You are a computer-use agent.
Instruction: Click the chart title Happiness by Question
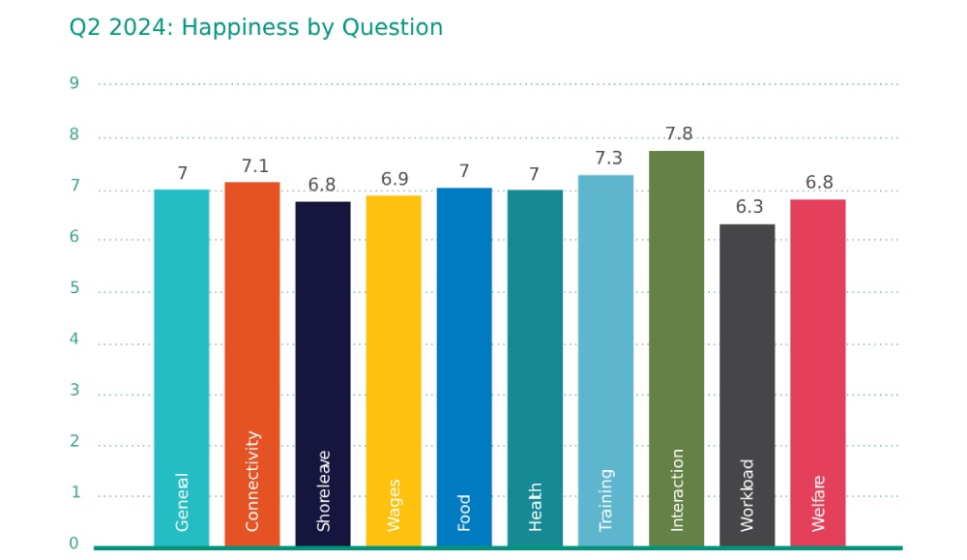tap(255, 27)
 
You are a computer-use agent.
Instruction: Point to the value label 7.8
tap(679, 133)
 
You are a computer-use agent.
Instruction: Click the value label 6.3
tap(749, 207)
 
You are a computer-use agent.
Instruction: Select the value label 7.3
tap(608, 158)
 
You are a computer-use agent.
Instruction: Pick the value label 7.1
tap(254, 165)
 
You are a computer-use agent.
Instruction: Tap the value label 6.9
tap(395, 179)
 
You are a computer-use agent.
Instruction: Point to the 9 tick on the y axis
tap(73, 83)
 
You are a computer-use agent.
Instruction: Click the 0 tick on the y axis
tap(73, 544)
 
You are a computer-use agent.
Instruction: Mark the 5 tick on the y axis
tap(73, 288)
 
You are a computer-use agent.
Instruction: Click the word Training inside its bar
tap(606, 500)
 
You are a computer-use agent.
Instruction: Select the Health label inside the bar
tap(536, 506)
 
